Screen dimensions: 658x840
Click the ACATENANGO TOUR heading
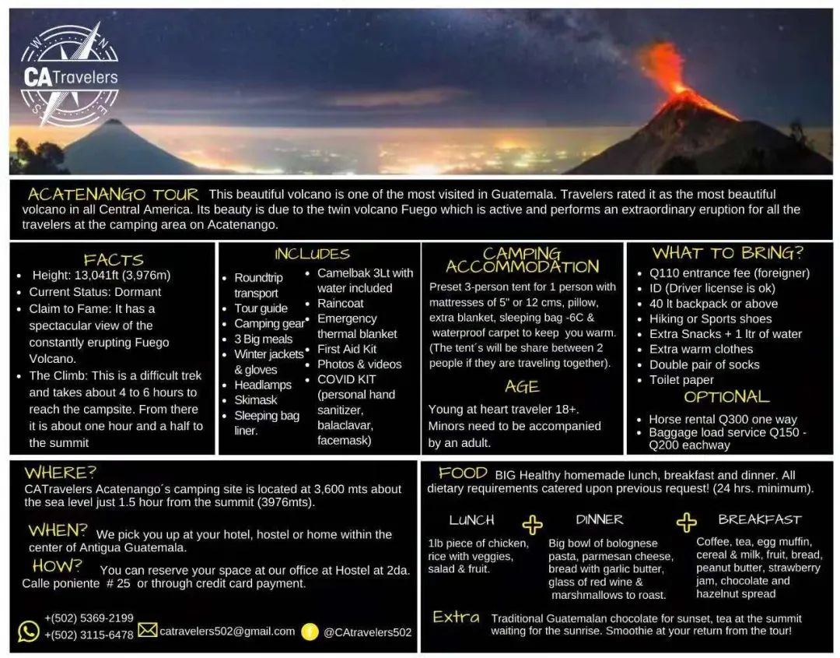pyautogui.click(x=114, y=195)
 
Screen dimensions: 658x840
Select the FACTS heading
pyautogui.click(x=114, y=260)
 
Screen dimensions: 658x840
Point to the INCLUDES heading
pyautogui.click(x=312, y=254)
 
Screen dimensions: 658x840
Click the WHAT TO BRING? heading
pyautogui.click(x=728, y=253)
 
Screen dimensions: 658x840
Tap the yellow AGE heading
pyautogui.click(x=522, y=387)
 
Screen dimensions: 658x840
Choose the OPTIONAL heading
pyautogui.click(x=726, y=397)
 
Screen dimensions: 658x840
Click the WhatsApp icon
pyautogui.click(x=29, y=631)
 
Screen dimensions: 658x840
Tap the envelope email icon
pyautogui.click(x=147, y=630)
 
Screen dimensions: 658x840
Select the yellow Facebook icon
pyautogui.click(x=310, y=632)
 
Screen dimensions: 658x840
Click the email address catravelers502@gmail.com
pyautogui.click(x=227, y=632)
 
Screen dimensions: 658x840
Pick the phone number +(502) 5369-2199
pyautogui.click(x=89, y=618)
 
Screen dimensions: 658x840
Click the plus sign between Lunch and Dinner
pyautogui.click(x=533, y=525)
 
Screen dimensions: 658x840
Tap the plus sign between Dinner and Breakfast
pyautogui.click(x=686, y=523)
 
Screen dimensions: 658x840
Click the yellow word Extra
pyautogui.click(x=456, y=618)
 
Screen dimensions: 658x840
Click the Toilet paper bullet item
pyautogui.click(x=681, y=380)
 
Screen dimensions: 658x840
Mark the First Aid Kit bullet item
pyautogui.click(x=347, y=349)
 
